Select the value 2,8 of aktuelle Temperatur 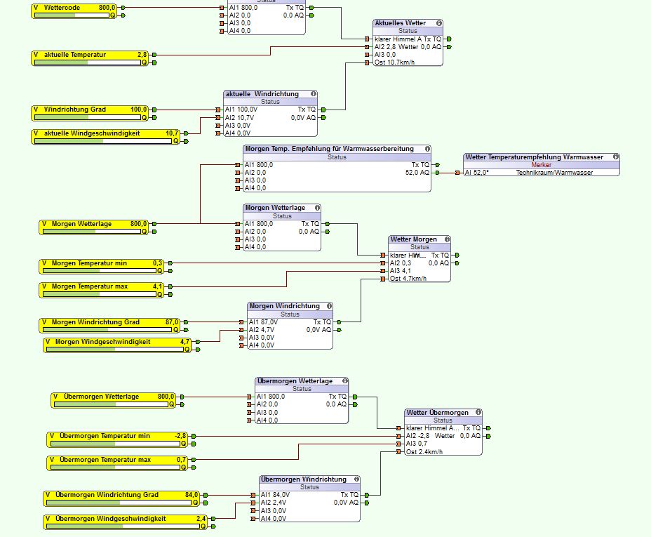point(142,55)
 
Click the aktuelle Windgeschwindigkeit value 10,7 point(172,133)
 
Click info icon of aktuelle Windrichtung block point(313,94)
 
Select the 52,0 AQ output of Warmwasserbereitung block point(417,172)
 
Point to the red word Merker point(542,165)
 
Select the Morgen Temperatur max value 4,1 point(157,286)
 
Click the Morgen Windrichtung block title point(284,306)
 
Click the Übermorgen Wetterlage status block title point(295,380)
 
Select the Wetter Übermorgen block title point(437,413)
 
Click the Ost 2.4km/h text point(424,451)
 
